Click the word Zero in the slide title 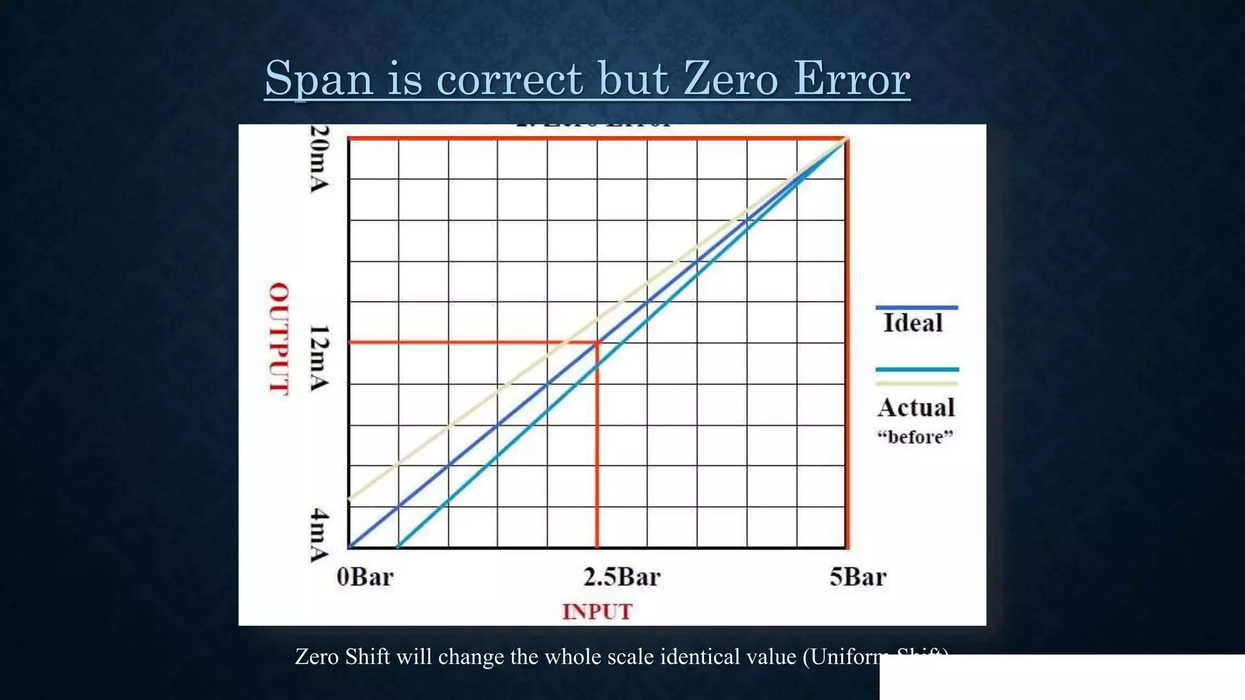click(730, 79)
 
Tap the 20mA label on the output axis click(320, 159)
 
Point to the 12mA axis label click(320, 359)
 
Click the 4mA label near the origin click(320, 535)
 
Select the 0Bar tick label click(365, 577)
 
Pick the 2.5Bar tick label click(621, 577)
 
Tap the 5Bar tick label click(858, 577)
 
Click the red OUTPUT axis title click(279, 338)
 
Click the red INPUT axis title click(597, 612)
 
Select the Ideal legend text click(912, 323)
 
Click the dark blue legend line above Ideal click(917, 307)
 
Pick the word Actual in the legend click(916, 408)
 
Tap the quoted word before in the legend click(916, 437)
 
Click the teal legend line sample click(917, 369)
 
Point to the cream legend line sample click(917, 383)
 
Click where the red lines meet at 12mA click(597, 343)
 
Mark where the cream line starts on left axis click(350, 499)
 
